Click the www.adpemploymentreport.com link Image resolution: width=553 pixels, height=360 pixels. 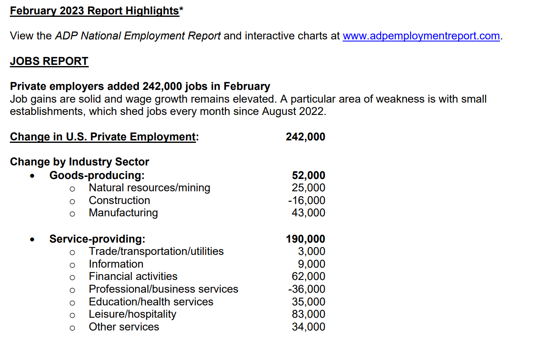point(421,36)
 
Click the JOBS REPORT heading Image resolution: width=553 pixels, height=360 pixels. point(49,62)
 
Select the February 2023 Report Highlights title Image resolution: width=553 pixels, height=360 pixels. point(94,11)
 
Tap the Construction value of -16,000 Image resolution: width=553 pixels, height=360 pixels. point(306,201)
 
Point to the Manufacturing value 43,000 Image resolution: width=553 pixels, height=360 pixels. point(308,213)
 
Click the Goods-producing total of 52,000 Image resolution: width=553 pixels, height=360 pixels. point(308,176)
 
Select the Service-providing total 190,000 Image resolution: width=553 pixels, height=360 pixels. point(305,239)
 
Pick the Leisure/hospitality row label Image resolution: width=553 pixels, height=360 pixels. point(132,314)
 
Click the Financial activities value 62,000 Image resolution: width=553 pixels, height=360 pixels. point(308,277)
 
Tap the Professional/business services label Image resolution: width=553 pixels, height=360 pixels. point(163,289)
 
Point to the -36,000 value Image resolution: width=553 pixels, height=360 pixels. point(306,289)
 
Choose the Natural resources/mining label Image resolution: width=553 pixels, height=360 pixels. point(149,188)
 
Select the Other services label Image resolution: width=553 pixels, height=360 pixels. point(124,327)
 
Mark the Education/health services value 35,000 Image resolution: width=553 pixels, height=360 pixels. point(308,302)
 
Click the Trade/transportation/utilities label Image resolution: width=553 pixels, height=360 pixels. point(156,251)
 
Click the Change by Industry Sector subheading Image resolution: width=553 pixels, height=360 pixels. point(79,162)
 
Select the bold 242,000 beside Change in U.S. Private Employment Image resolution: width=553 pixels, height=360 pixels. point(305,137)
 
